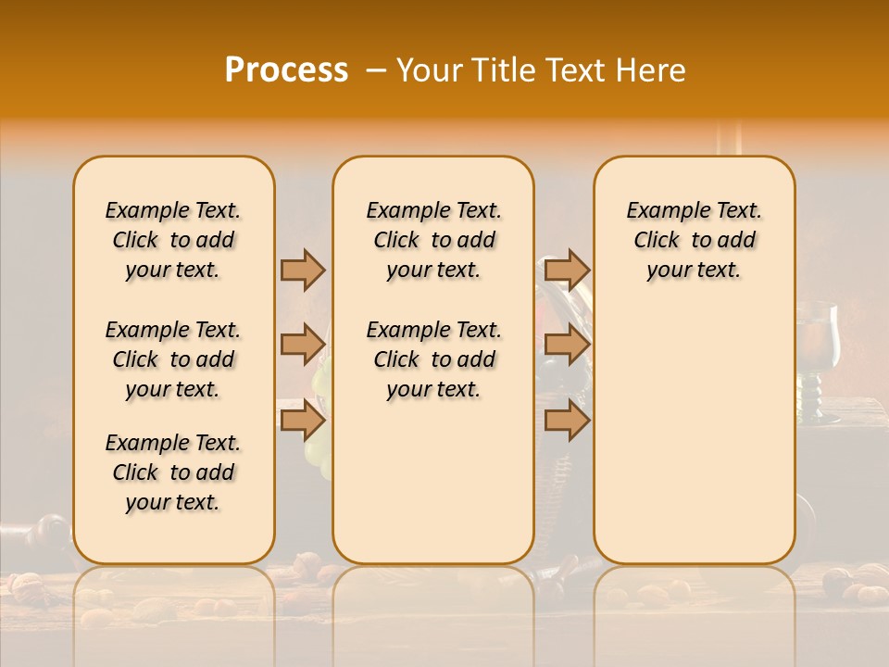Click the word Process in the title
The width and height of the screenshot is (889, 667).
tap(286, 70)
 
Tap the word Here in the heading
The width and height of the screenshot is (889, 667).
tap(652, 70)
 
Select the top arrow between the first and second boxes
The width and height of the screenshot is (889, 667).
tap(303, 270)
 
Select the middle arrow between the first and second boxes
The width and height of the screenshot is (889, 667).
tap(303, 345)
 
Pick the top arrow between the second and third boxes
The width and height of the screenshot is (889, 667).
tap(567, 270)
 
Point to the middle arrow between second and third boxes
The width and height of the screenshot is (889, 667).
tap(567, 345)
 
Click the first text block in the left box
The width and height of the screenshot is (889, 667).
tap(173, 240)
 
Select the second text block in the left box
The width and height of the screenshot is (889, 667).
tap(173, 359)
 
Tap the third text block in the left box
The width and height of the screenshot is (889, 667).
tap(173, 472)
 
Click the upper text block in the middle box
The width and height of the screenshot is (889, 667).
tap(433, 240)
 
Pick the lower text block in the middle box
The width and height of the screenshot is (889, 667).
tap(433, 359)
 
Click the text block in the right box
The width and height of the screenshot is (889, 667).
tap(694, 240)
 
